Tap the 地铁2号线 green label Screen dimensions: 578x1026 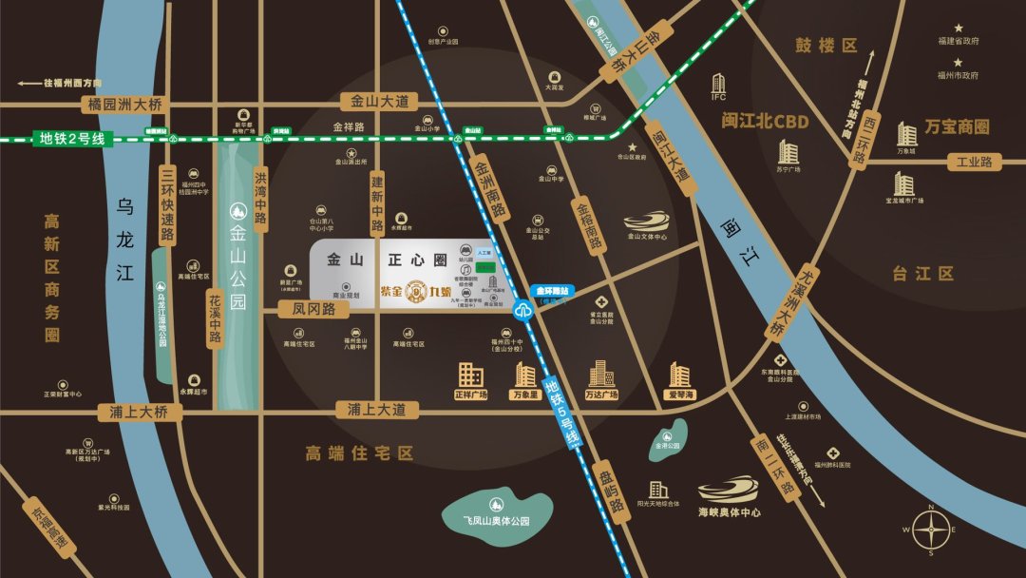[72, 140]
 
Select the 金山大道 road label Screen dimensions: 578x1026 [379, 100]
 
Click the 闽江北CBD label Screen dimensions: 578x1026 [764, 122]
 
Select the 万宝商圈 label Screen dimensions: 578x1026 [957, 127]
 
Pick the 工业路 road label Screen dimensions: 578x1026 [974, 163]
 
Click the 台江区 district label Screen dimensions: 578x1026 [921, 274]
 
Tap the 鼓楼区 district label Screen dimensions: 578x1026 [826, 46]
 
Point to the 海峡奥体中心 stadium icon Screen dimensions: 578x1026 [728, 490]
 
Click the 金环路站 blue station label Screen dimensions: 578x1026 [551, 291]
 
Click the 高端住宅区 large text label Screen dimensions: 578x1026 [359, 453]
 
